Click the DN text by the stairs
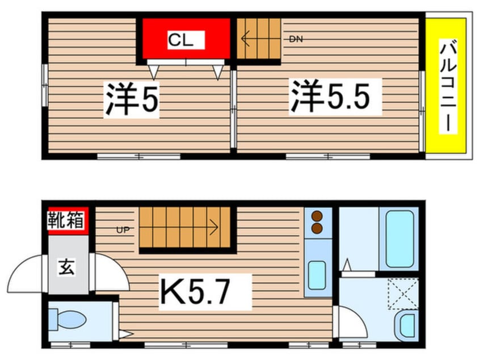tap(295, 39)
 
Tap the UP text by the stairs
tap(123, 231)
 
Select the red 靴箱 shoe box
tap(67, 220)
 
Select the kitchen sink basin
tap(317, 276)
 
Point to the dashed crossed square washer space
tap(403, 294)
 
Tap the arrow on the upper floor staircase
tap(246, 39)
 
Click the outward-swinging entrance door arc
tap(25, 275)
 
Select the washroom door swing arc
tap(347, 323)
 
